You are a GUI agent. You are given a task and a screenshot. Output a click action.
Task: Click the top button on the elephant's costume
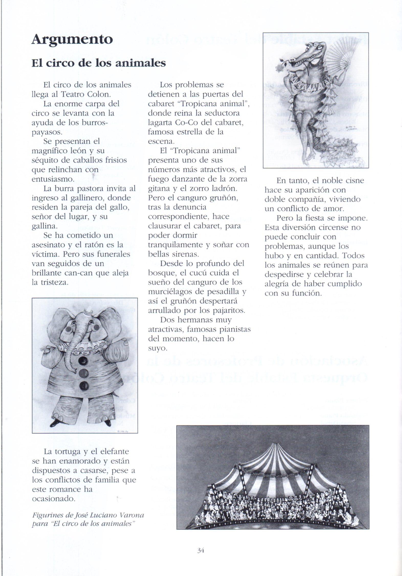[x=83, y=361]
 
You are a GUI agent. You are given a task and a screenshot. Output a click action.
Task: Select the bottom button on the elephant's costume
[x=83, y=385]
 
